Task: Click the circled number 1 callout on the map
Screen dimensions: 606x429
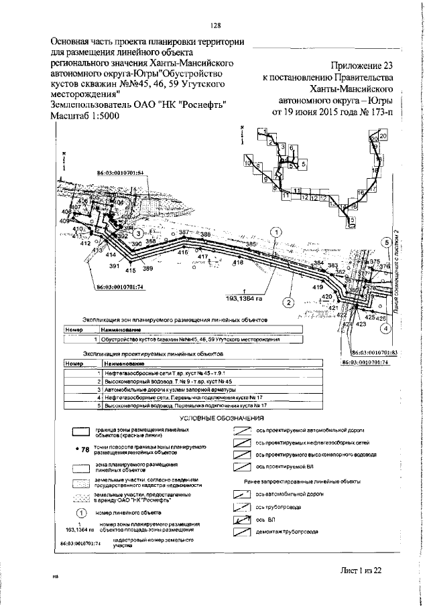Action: [276, 231]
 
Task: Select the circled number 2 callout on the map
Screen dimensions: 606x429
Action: [289, 301]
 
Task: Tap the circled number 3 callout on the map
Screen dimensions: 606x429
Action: [138, 232]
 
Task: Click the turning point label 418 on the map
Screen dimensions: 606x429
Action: [237, 263]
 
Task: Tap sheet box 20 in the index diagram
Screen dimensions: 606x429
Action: [383, 137]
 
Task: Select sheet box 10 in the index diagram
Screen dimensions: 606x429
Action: [248, 163]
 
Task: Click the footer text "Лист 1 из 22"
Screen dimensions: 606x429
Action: [359, 569]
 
